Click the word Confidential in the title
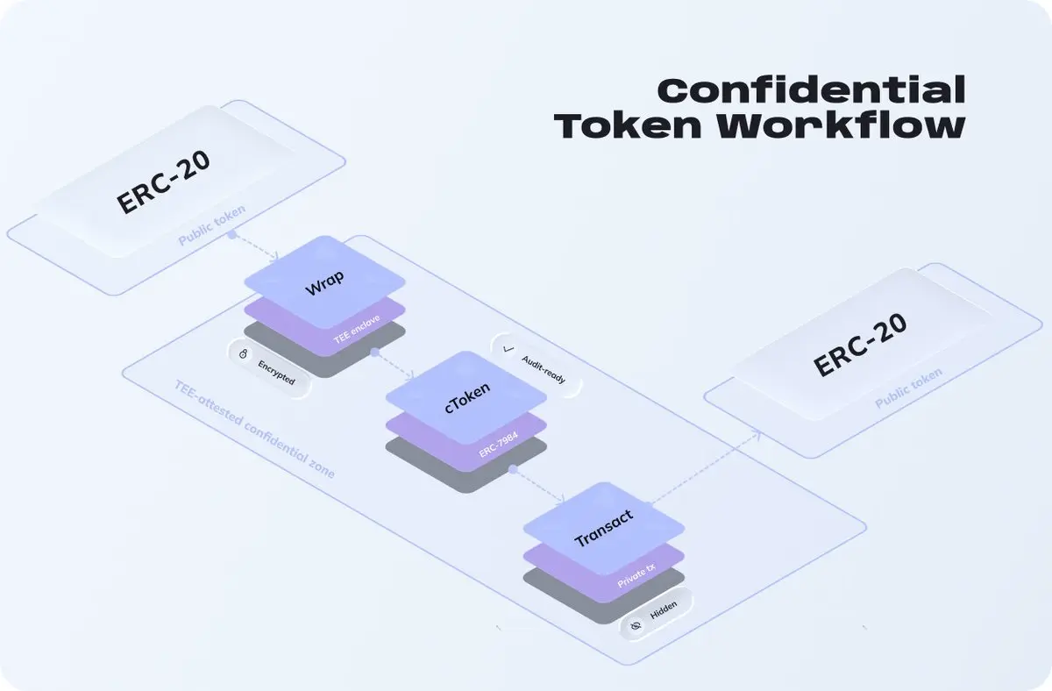click(810, 90)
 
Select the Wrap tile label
click(324, 282)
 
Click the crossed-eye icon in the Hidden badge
click(636, 624)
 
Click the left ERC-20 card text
click(163, 186)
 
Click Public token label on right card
click(908, 388)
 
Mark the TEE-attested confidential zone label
click(254, 430)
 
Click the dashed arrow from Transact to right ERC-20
click(707, 465)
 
